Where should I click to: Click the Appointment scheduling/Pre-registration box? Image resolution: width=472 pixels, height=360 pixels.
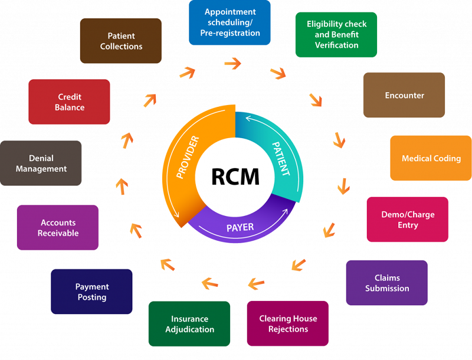click(x=230, y=22)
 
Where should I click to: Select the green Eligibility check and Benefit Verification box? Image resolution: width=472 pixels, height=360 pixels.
click(x=336, y=35)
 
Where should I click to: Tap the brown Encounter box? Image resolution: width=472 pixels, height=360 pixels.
click(x=404, y=95)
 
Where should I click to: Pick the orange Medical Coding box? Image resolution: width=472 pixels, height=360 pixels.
click(x=431, y=158)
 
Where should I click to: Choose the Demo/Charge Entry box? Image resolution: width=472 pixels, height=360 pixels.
click(x=408, y=220)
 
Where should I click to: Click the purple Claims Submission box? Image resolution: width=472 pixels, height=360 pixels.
click(x=387, y=283)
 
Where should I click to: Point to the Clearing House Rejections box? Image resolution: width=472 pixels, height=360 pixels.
click(x=288, y=323)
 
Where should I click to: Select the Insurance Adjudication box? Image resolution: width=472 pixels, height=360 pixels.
click(x=189, y=324)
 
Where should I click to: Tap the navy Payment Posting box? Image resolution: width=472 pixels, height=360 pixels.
click(x=92, y=292)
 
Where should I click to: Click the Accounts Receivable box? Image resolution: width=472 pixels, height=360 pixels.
click(x=58, y=228)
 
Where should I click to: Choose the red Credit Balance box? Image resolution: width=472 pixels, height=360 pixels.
click(x=70, y=102)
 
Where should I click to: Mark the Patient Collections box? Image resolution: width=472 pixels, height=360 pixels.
click(x=121, y=41)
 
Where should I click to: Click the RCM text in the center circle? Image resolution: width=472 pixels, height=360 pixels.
click(x=235, y=175)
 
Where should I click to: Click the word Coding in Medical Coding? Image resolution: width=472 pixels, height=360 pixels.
click(x=447, y=158)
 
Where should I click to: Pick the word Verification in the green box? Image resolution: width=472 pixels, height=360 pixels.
click(x=336, y=45)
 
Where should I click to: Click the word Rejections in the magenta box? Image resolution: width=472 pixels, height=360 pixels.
click(x=288, y=329)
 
